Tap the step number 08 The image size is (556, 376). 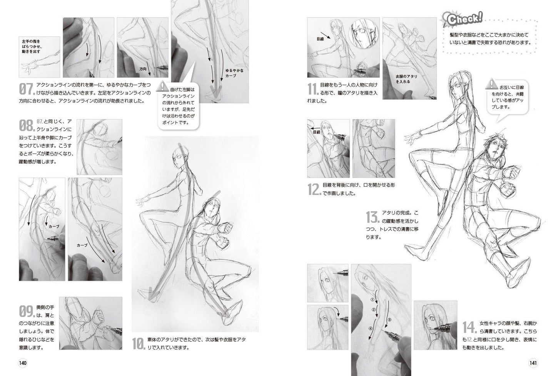(x=27, y=125)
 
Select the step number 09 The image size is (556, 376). (x=27, y=311)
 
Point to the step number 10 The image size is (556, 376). (x=139, y=344)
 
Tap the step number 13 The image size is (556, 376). (x=373, y=217)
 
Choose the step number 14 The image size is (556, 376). (x=470, y=327)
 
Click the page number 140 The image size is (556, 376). (x=23, y=363)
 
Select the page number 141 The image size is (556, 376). (x=533, y=363)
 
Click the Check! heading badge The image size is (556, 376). (x=463, y=19)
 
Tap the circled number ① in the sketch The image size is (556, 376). (x=372, y=300)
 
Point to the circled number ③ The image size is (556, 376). (x=389, y=320)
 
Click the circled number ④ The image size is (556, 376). (x=371, y=328)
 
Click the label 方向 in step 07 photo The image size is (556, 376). (x=143, y=69)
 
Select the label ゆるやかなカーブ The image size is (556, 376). (x=234, y=73)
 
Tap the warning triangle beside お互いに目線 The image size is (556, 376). (x=491, y=84)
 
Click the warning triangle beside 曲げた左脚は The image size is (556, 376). (x=162, y=85)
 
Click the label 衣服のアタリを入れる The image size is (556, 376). (x=406, y=79)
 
